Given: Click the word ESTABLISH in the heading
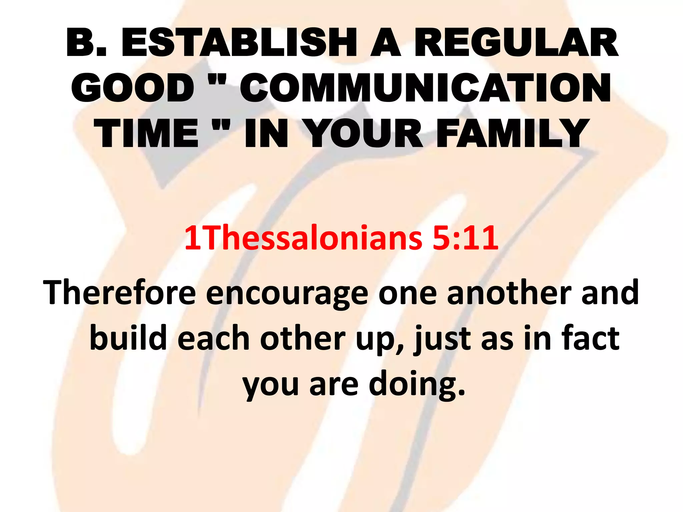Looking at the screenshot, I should pos(239,43).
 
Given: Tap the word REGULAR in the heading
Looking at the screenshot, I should pos(516,43).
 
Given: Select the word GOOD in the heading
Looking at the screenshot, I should pos(132,88).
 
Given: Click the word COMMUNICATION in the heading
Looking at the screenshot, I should pos(426,88).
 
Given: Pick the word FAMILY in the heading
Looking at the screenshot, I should pos(513,133).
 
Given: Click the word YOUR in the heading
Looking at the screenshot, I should pos(364,133).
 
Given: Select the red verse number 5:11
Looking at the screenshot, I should pos(465,238).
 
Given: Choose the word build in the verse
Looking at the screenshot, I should pos(128,338).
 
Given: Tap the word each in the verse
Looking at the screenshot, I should pos(213,338).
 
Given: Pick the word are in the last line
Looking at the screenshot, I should pos(334,385).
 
